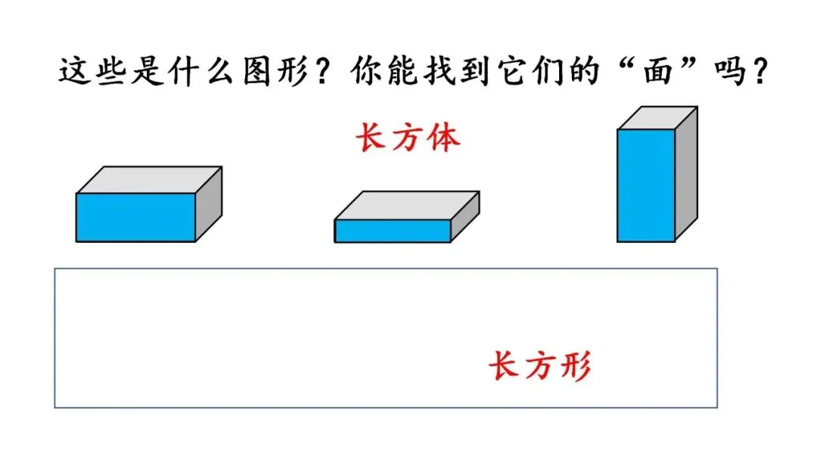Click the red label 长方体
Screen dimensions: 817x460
[x=408, y=139]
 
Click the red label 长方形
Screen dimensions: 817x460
[x=539, y=367]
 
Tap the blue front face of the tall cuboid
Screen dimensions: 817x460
[x=645, y=185]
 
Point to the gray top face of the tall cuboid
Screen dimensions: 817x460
[x=657, y=118]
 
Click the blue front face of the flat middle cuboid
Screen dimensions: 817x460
[x=393, y=231]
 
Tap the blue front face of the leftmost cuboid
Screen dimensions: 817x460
[x=135, y=217]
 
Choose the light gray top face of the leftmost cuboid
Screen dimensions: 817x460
[x=149, y=180]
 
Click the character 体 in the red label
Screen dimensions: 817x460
[x=443, y=139]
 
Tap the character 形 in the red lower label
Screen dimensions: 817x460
[x=574, y=367]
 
